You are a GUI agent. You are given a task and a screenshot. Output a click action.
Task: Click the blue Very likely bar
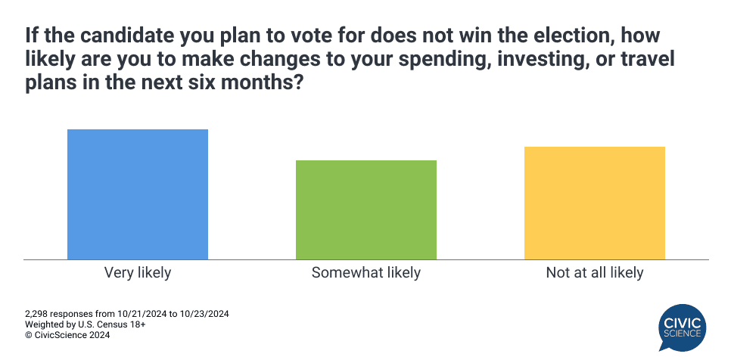(138, 194)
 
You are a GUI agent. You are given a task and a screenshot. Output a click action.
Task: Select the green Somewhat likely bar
(366, 210)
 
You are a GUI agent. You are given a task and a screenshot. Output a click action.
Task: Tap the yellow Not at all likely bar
(594, 203)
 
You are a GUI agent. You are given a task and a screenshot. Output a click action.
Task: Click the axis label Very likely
(138, 272)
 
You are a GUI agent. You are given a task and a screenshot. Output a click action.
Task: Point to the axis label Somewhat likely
(366, 272)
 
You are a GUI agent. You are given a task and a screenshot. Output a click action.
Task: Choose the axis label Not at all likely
(594, 272)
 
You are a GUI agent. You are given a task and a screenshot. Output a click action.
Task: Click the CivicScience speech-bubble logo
(682, 327)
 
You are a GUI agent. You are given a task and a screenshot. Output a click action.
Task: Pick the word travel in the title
(646, 60)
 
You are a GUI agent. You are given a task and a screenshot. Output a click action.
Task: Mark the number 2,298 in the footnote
(36, 314)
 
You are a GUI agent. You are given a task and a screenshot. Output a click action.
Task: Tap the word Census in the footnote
(112, 324)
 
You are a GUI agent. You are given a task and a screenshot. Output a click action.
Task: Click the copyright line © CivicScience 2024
(67, 335)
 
